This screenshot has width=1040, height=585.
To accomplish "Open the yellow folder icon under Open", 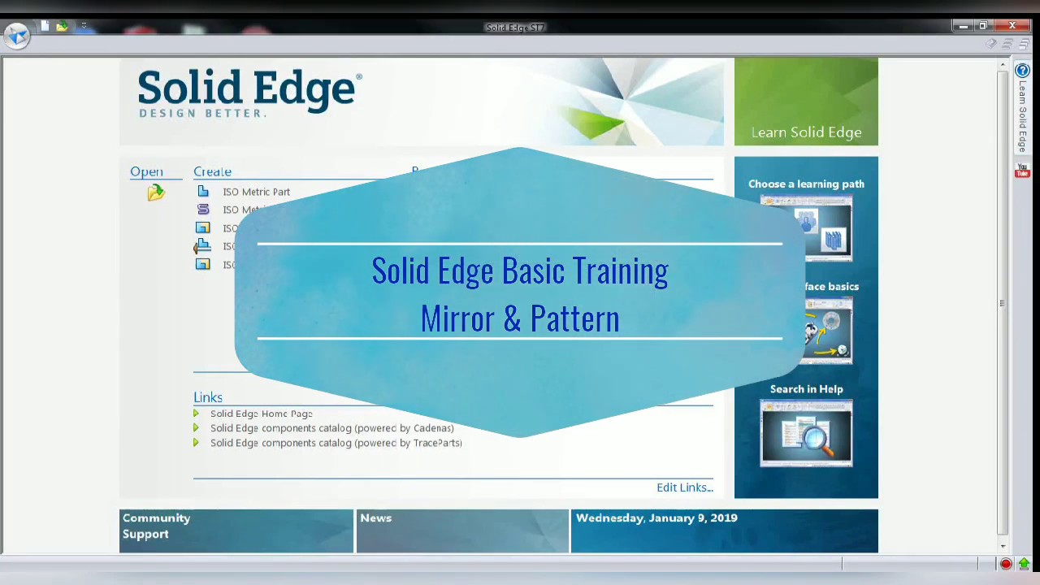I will tap(155, 193).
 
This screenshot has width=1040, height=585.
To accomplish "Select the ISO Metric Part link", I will tap(256, 192).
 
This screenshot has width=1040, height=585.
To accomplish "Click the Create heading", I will tap(212, 171).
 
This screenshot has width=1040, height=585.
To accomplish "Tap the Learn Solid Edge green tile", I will tap(806, 102).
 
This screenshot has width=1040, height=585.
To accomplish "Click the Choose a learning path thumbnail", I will tap(806, 228).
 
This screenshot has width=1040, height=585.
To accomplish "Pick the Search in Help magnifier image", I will tap(806, 434).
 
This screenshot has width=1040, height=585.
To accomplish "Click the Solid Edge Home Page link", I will tap(261, 414).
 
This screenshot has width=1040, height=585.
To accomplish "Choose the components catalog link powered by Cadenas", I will tap(331, 428).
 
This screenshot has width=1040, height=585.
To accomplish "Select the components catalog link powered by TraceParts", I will tap(336, 443).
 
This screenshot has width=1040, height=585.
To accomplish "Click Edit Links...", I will tap(684, 487).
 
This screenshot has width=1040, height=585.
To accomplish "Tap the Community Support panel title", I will tap(156, 526).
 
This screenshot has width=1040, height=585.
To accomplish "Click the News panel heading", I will tap(375, 518).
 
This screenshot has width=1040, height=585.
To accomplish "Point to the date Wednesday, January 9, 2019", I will tap(656, 518).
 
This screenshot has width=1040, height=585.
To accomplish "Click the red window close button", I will tap(1012, 26).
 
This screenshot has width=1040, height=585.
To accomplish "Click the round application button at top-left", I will tap(17, 36).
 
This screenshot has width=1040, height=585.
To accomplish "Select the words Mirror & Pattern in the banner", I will tap(520, 318).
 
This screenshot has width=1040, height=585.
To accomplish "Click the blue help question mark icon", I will tap(1022, 71).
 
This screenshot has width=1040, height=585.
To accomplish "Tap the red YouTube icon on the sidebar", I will tap(1022, 171).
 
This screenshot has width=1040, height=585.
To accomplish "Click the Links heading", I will tap(208, 397).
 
